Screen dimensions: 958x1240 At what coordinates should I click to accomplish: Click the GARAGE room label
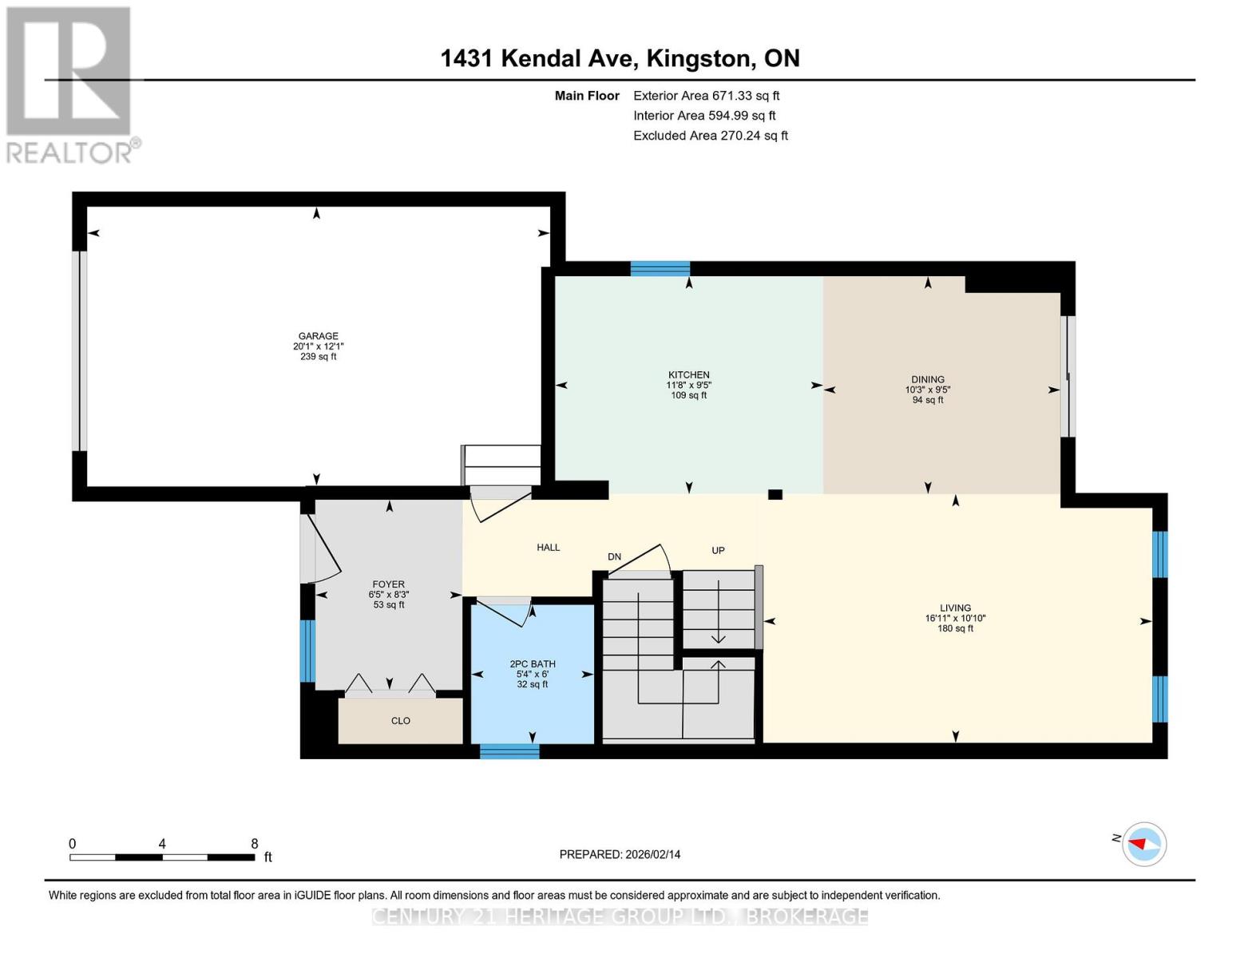click(x=318, y=336)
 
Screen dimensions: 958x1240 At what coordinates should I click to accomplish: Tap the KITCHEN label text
click(x=688, y=374)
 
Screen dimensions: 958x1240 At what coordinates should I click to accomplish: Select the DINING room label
click(x=927, y=379)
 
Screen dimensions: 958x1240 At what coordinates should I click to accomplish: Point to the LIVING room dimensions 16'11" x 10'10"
click(x=955, y=618)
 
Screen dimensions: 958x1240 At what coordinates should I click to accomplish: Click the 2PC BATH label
click(x=533, y=663)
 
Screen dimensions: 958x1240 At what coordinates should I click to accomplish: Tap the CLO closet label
click(x=401, y=721)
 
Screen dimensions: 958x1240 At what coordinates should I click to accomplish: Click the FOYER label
click(x=389, y=584)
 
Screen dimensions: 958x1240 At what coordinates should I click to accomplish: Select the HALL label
click(x=549, y=548)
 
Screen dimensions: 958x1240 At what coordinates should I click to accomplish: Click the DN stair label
click(x=614, y=556)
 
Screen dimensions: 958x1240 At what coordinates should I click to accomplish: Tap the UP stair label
click(x=718, y=550)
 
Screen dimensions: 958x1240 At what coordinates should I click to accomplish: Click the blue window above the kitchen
click(x=660, y=268)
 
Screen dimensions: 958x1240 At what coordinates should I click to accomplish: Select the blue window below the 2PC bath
click(x=509, y=750)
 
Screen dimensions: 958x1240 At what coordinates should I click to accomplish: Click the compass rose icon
click(x=1143, y=844)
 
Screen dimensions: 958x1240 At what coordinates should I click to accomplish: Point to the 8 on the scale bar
click(x=255, y=844)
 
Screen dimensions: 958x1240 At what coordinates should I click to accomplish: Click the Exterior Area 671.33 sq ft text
click(x=706, y=96)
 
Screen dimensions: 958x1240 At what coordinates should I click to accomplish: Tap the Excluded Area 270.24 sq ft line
click(x=710, y=136)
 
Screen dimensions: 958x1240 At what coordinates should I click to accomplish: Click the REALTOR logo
click(x=70, y=84)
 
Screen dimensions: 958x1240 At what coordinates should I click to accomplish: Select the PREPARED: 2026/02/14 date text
click(x=620, y=854)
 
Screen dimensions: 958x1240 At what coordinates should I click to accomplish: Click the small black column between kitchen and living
click(x=775, y=494)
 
